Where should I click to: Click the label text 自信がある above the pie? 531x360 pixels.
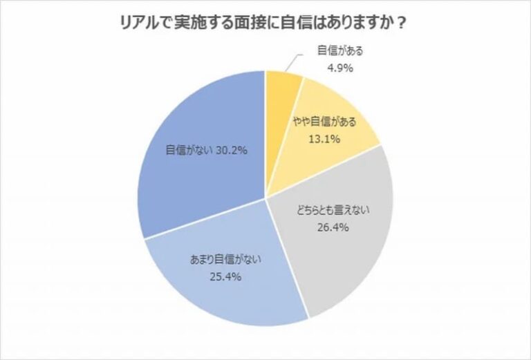pos(340,51)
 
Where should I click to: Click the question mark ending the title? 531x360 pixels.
pos(402,23)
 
